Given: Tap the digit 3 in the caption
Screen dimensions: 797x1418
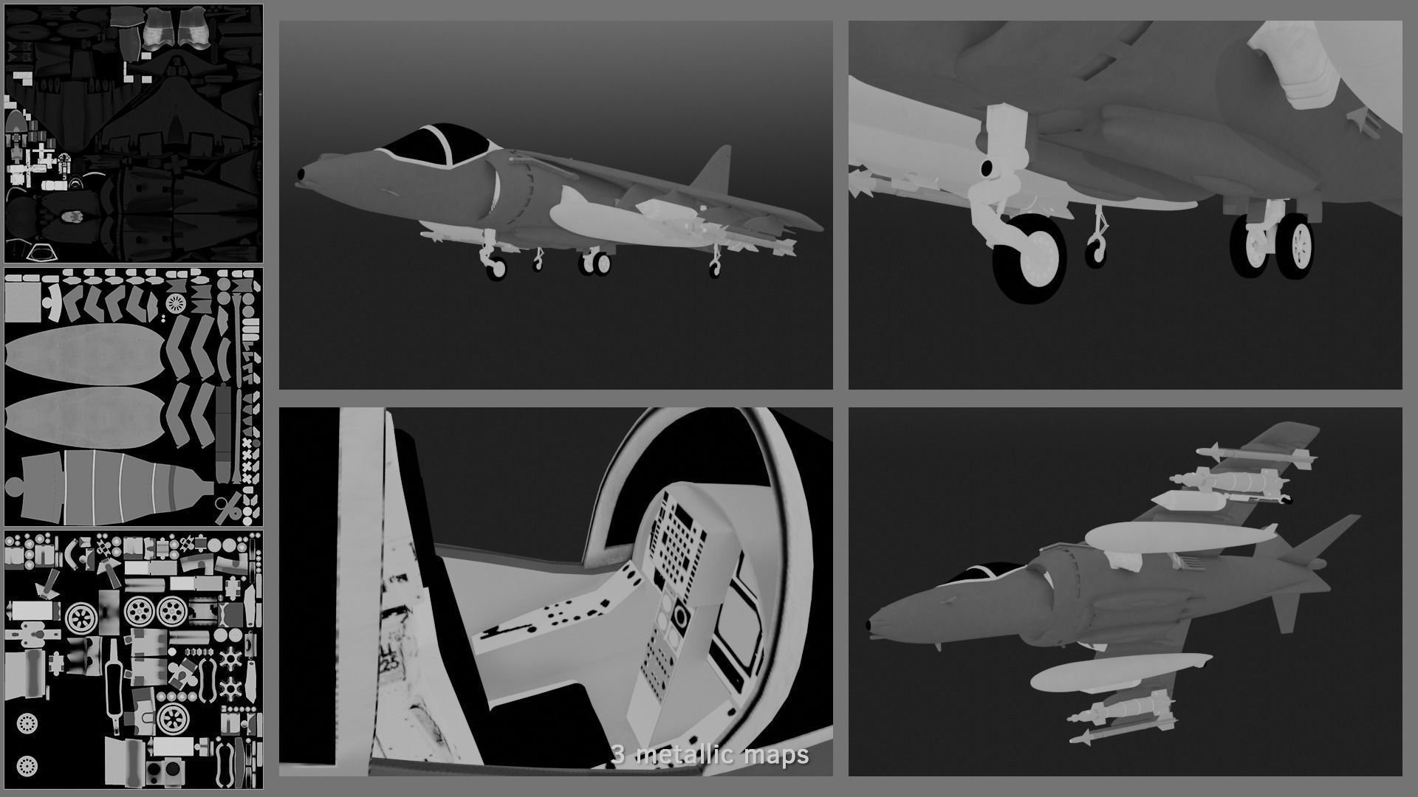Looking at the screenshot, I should tap(619, 755).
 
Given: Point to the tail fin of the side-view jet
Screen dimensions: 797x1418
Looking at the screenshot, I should tap(715, 170).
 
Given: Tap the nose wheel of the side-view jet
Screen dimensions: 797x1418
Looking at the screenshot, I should tap(495, 269).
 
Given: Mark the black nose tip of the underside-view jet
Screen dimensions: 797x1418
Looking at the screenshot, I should tap(874, 626).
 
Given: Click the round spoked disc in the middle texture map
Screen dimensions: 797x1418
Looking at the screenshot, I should tap(176, 302).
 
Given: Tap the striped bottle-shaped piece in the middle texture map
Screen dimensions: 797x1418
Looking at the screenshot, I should tap(111, 483).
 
